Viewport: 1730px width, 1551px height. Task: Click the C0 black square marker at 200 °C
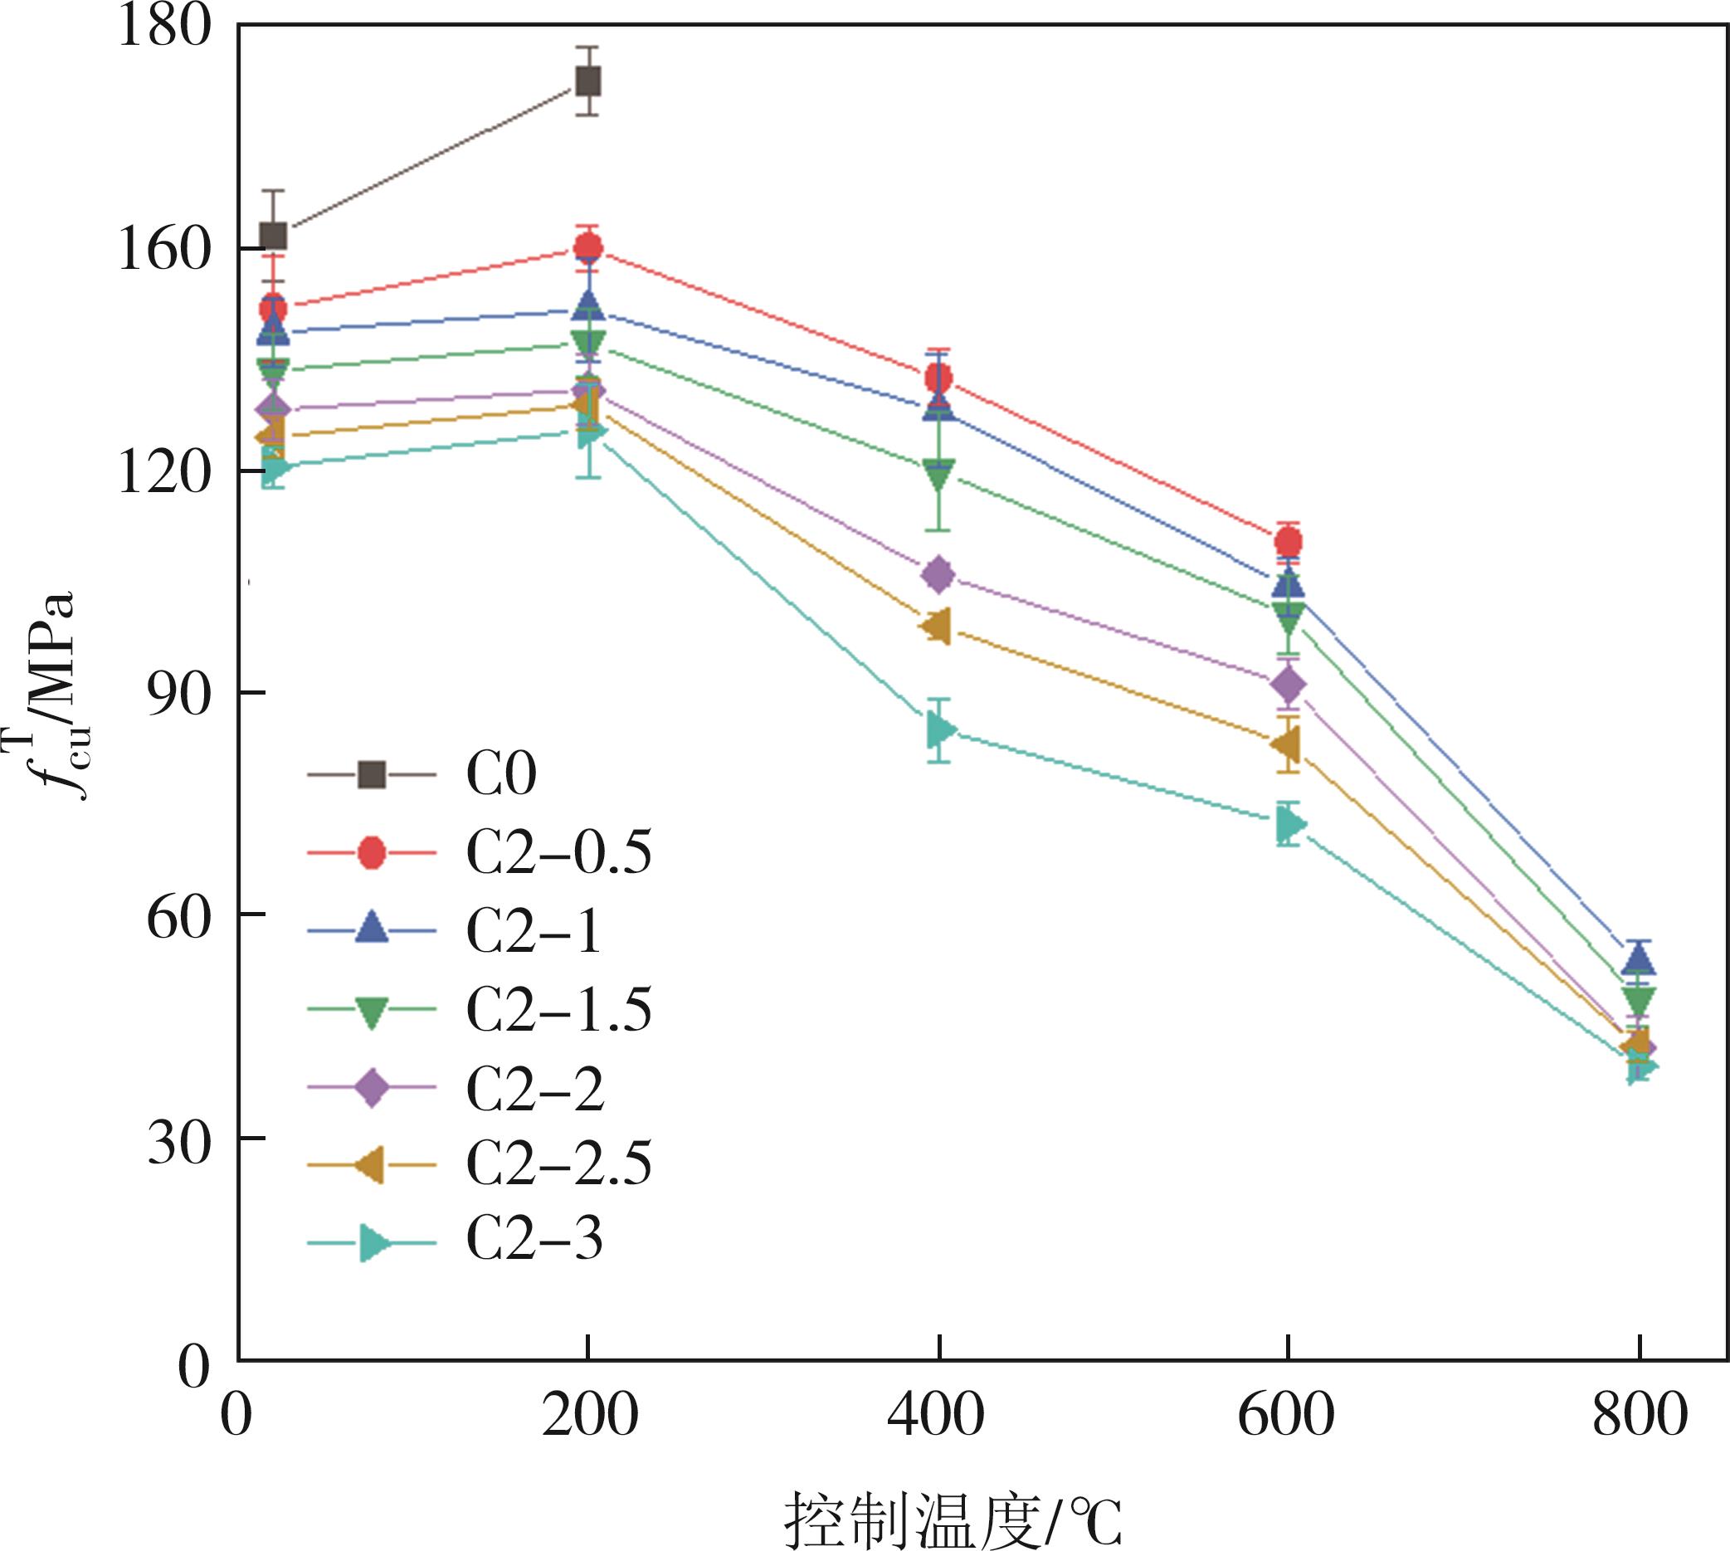click(588, 82)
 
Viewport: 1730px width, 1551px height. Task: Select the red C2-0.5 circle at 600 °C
click(1289, 541)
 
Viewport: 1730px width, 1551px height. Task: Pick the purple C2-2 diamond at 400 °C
click(938, 575)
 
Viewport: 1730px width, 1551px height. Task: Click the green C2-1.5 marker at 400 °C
click(938, 474)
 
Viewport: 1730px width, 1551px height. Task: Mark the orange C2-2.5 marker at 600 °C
click(1287, 745)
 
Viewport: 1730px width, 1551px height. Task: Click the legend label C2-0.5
click(559, 852)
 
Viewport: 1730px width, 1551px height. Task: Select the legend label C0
click(501, 774)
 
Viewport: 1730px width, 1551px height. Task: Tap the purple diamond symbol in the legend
click(372, 1087)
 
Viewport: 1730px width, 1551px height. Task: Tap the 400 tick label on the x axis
click(936, 1416)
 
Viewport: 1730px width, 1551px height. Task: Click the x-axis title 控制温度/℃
click(953, 1519)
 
